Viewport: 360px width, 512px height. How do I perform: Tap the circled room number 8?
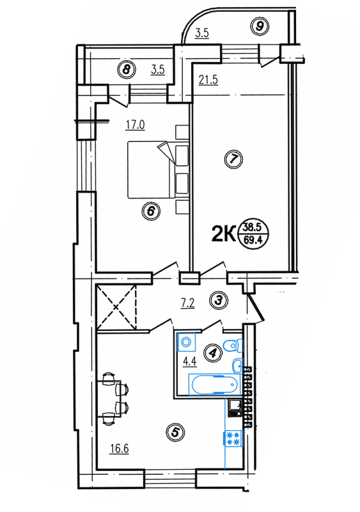pos(128,70)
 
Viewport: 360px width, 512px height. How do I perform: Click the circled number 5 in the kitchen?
pos(173,433)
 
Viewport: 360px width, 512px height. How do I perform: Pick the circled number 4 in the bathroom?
pos(211,351)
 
